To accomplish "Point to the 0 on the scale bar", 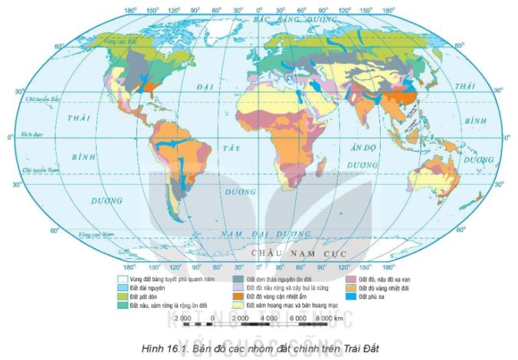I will [209, 316].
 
